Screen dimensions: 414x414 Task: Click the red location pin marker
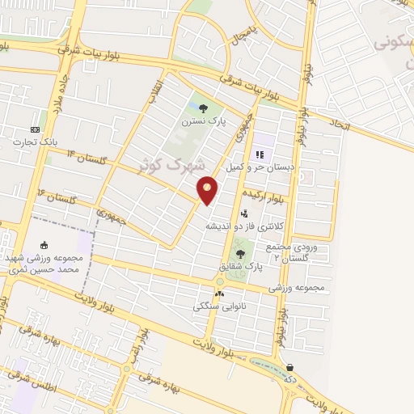coord(208,190)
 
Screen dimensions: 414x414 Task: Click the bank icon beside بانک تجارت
coord(35,129)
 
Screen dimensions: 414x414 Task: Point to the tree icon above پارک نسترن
coord(202,108)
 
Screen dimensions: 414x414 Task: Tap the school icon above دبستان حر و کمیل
coord(260,154)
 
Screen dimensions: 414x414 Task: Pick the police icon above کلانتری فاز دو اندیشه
coord(245,213)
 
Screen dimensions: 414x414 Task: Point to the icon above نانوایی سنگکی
coord(219,294)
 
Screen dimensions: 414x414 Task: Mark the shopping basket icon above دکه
coord(290,367)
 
